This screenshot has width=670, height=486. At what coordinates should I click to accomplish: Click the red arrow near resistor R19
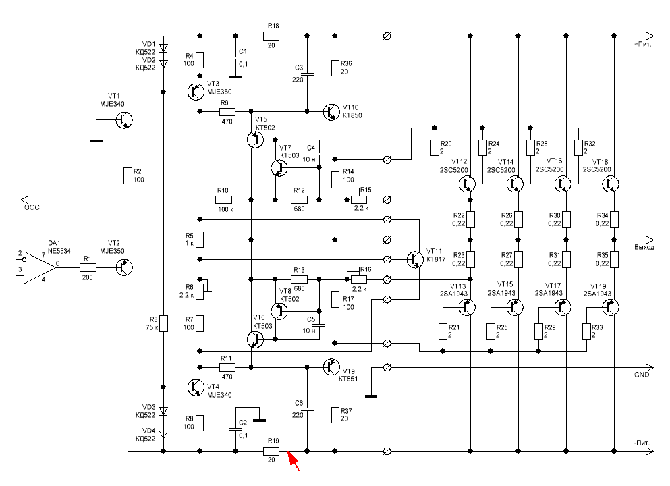293,461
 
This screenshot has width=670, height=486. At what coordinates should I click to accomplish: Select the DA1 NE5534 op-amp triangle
39,267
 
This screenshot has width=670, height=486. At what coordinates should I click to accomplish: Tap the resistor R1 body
88,267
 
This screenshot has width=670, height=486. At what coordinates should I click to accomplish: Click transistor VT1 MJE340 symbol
124,121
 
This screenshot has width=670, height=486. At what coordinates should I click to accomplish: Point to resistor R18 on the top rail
271,36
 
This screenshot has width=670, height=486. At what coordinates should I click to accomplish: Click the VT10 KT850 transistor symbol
331,111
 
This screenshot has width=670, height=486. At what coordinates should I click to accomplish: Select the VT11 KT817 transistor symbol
415,259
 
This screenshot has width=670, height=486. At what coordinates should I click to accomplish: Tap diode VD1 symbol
163,48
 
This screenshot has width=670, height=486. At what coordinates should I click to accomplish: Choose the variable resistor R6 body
200,291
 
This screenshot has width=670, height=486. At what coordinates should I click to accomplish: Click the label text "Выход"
644,248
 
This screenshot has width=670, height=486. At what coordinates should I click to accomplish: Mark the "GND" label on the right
642,375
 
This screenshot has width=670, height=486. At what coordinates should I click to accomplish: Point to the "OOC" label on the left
32,207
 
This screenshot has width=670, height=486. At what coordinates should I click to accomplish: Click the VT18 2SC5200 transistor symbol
611,184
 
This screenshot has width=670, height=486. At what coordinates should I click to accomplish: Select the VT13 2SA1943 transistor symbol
467,306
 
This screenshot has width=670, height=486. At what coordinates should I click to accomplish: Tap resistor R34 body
614,219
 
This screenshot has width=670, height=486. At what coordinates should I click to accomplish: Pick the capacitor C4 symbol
319,153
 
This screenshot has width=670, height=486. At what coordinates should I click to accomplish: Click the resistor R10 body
223,200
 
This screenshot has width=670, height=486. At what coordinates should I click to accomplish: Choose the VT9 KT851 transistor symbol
331,367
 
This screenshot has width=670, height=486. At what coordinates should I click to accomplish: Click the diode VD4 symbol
163,435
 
